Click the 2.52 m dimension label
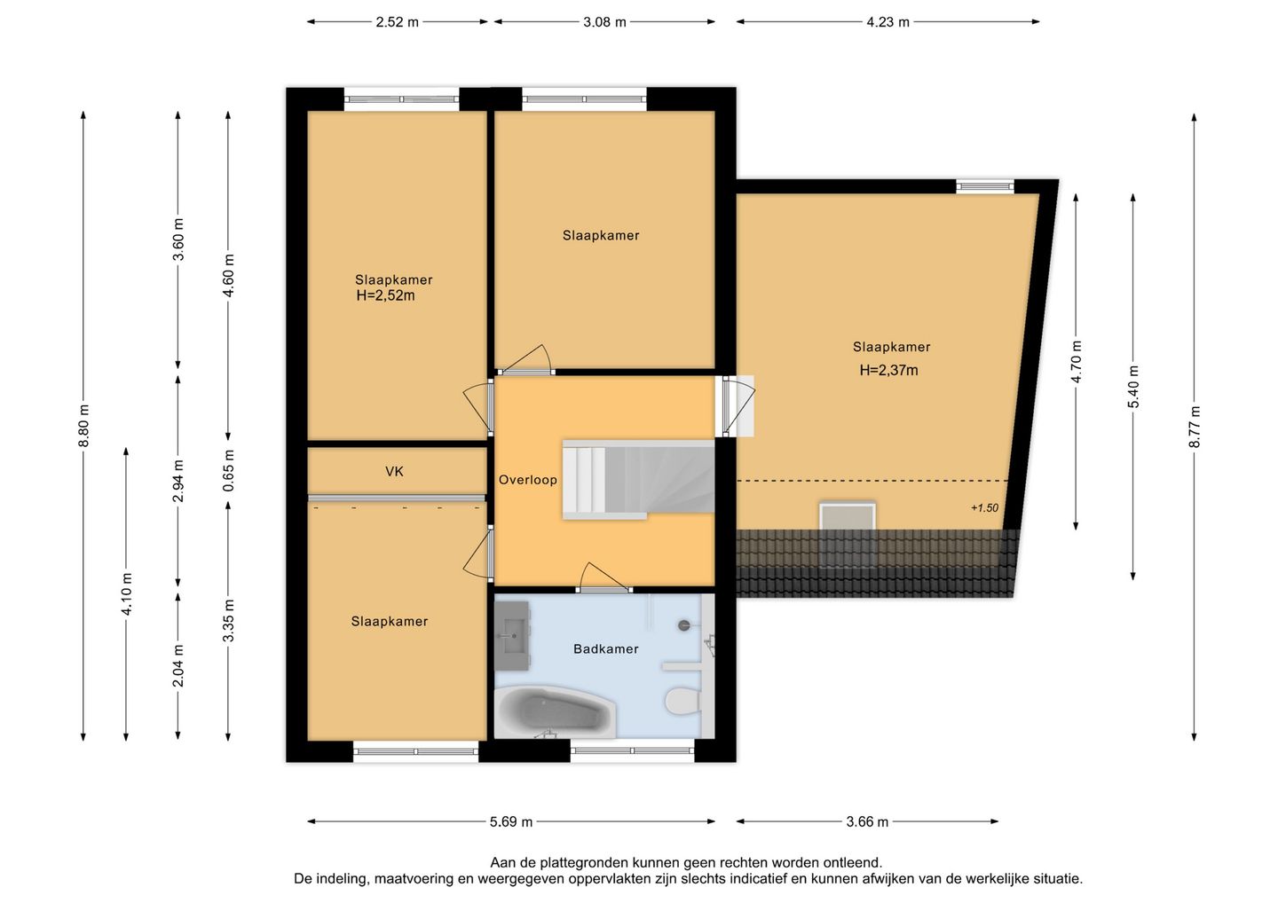(x=397, y=22)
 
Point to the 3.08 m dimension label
(x=604, y=22)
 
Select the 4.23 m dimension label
(x=887, y=22)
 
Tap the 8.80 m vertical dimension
(x=83, y=426)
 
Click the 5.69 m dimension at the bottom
(x=511, y=821)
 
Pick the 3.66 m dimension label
(x=867, y=821)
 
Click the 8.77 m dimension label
(x=1195, y=427)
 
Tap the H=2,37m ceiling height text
(x=889, y=371)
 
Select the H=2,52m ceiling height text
(x=386, y=296)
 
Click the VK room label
(x=394, y=471)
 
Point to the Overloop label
(x=528, y=480)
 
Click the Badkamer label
(x=606, y=648)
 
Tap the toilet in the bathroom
(x=682, y=700)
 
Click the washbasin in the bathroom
(x=513, y=636)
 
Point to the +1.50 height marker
(x=985, y=508)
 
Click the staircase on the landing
(x=638, y=479)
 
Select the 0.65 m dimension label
(x=228, y=471)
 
